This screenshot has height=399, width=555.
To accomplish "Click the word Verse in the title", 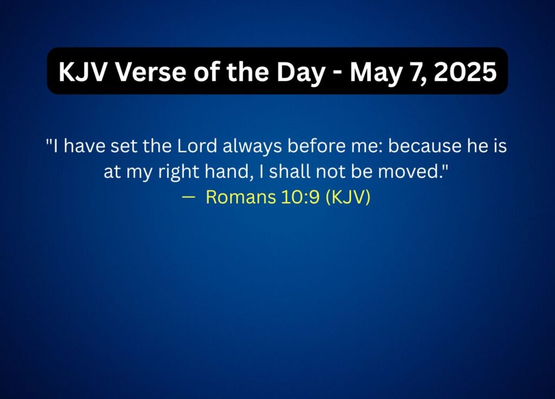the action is tap(151, 72).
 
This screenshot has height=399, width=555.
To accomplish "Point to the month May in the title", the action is tap(376, 73).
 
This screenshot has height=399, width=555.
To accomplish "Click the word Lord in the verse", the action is tap(197, 146).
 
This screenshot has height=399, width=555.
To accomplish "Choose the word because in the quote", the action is tap(425, 146).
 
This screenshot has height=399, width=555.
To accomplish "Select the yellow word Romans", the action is tap(241, 197).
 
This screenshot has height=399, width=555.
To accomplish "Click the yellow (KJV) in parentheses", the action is tap(348, 197).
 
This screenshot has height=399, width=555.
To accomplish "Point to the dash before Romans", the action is tap(189, 197).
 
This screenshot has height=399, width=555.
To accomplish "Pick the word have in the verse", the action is tap(85, 146).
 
